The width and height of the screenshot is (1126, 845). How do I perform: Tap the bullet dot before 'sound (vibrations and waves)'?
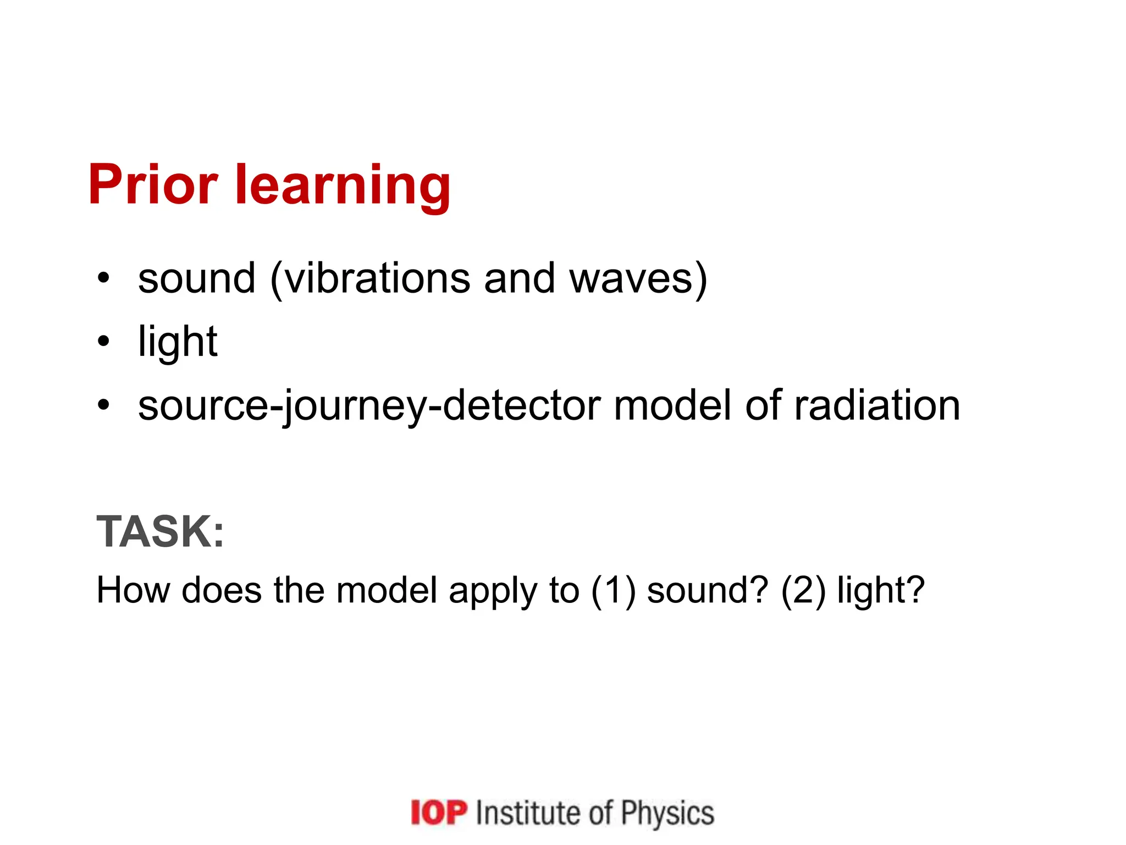coord(103,278)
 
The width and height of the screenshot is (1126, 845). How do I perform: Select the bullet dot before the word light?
coord(103,342)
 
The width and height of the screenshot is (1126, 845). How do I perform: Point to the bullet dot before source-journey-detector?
coord(103,405)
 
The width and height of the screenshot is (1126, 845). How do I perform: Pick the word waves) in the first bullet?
coord(638,279)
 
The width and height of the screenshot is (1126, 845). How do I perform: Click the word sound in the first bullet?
coord(197,278)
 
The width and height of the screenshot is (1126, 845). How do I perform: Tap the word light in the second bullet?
coord(178,343)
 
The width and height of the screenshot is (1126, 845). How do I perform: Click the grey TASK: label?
coord(161,531)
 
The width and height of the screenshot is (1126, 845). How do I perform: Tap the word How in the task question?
coord(133,590)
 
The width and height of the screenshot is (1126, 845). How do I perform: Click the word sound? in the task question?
coord(707,590)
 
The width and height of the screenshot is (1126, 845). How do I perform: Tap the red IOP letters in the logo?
coord(439,813)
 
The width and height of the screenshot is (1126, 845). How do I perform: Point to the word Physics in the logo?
coord(667,813)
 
